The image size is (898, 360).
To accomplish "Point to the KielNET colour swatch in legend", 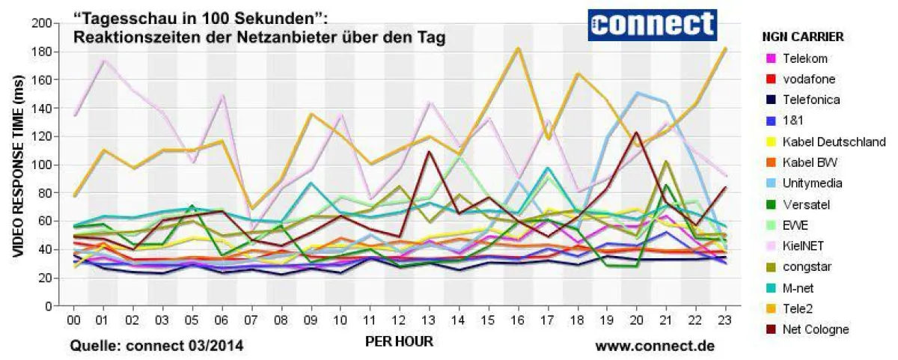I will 770,246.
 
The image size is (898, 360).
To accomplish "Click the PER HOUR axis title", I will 399,341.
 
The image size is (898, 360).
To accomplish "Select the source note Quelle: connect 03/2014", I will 156,346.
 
